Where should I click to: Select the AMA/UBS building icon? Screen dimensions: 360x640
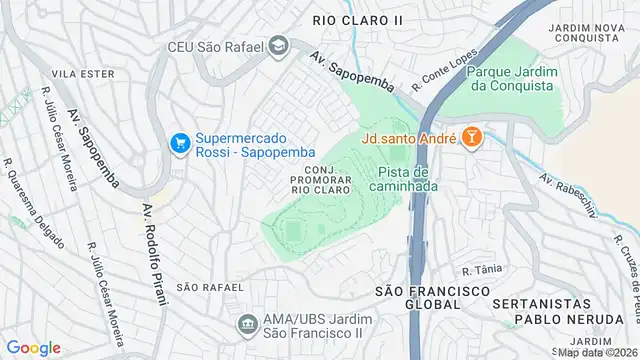coord(246,325)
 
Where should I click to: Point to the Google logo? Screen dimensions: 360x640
coord(33,348)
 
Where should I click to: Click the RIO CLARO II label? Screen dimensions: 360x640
coord(358,19)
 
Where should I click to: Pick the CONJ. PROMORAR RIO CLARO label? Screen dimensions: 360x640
coord(321,178)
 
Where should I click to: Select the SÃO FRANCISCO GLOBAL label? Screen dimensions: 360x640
coord(432,298)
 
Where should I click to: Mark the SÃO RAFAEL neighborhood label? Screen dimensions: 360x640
coord(210,287)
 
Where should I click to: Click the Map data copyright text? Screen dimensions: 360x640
coord(597,352)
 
